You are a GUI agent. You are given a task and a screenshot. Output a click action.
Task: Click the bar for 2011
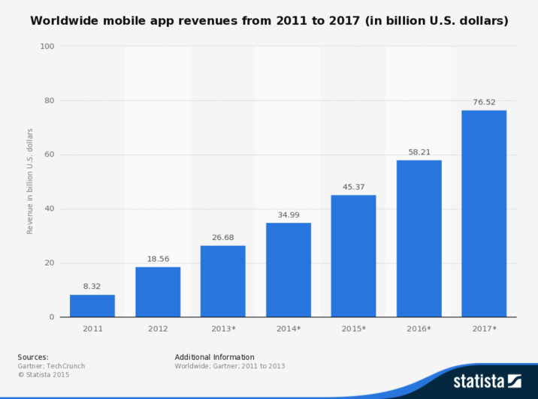tap(92, 306)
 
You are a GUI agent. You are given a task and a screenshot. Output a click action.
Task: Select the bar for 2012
tap(158, 292)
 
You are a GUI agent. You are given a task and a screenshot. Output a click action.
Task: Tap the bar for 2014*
tap(289, 270)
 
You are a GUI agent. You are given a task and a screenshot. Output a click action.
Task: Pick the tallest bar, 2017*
tap(484, 214)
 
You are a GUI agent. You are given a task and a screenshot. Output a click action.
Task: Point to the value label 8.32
tap(92, 286)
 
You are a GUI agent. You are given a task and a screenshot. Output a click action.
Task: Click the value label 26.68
tap(223, 238)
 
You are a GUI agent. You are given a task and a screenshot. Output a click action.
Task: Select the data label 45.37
tap(353, 187)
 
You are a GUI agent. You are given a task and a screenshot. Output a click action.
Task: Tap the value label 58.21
tap(419, 151)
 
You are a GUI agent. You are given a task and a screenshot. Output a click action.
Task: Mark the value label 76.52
tap(484, 102)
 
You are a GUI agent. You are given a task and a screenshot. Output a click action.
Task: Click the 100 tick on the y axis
tap(47, 46)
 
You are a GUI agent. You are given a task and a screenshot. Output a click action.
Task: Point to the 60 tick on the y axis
tap(50, 155)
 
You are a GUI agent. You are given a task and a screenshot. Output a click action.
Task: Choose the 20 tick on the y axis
tap(50, 263)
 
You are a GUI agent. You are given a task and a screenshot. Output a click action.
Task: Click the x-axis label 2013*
tap(223, 328)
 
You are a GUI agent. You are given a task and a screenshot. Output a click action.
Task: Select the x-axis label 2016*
tap(419, 328)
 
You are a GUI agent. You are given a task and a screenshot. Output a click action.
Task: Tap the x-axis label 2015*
tap(353, 328)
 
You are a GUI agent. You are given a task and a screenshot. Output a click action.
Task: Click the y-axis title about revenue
tap(30, 181)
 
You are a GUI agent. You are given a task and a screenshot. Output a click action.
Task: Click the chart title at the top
tap(269, 21)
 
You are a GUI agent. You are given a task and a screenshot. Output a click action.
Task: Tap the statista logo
tap(487, 380)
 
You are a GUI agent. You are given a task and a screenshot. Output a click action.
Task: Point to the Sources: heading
tap(33, 357)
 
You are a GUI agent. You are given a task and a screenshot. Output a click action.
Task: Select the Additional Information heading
tap(214, 357)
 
